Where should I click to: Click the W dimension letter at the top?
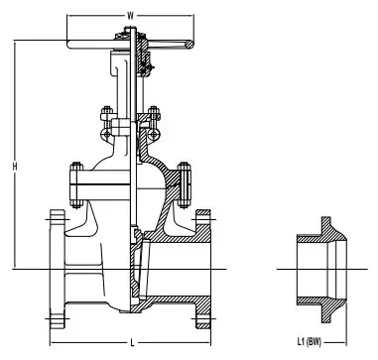point(130,14)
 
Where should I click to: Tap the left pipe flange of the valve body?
point(59,265)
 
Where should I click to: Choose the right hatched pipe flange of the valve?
point(202,265)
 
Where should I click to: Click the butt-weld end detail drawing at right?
point(319,267)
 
